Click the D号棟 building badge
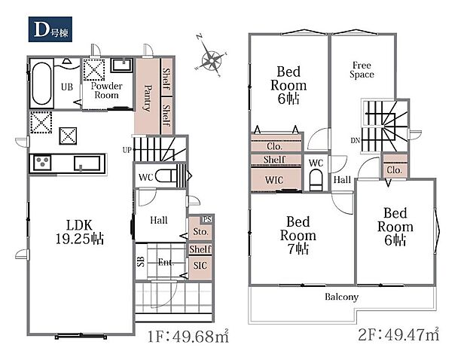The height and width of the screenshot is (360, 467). tap(50, 29)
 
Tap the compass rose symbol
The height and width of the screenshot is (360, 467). tap(211, 60)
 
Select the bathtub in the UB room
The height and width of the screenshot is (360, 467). tap(41, 84)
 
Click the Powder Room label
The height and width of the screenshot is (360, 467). tap(107, 90)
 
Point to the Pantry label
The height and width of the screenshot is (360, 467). tap(148, 98)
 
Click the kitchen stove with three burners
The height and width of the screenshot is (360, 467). tap(42, 163)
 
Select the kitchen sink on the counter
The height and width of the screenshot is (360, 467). tap(87, 163)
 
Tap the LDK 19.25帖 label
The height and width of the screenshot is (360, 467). tap(80, 232)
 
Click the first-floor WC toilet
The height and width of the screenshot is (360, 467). tap(167, 176)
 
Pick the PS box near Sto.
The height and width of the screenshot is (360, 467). tap(207, 219)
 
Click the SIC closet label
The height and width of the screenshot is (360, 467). tap(200, 265)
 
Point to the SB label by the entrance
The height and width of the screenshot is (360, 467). tap(141, 261)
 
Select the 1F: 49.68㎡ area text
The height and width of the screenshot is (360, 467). tap(188, 336)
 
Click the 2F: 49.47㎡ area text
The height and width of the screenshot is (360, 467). tap(398, 334)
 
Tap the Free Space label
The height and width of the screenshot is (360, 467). tap(362, 70)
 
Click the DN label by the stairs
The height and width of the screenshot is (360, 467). tap(356, 140)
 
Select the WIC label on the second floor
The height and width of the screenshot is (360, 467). tap(274, 180)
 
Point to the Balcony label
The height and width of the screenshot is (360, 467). tap(342, 297)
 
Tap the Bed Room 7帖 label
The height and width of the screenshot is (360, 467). tap(298, 236)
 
